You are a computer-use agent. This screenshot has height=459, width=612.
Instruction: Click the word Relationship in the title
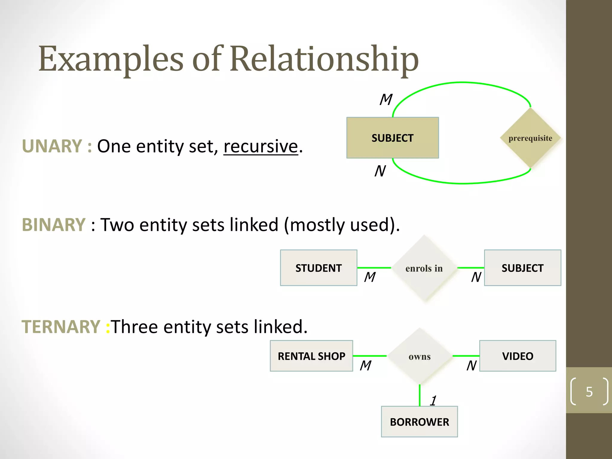pyautogui.click(x=324, y=59)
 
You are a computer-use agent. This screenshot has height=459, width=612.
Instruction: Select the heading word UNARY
pyautogui.click(x=52, y=146)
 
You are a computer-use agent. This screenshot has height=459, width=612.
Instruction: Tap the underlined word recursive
pyautogui.click(x=261, y=146)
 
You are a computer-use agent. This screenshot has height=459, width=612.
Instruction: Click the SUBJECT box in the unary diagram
pyautogui.click(x=392, y=138)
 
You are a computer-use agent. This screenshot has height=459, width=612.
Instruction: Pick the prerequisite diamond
pyautogui.click(x=530, y=138)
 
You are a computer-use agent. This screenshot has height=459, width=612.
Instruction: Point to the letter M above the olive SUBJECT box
pyautogui.click(x=386, y=100)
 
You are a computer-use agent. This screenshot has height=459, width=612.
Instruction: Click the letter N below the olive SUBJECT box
pyautogui.click(x=380, y=171)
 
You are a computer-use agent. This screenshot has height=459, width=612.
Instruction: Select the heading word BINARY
pyautogui.click(x=54, y=225)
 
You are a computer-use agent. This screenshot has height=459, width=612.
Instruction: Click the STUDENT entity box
pyautogui.click(x=319, y=268)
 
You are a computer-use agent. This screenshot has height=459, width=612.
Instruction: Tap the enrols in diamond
pyautogui.click(x=424, y=268)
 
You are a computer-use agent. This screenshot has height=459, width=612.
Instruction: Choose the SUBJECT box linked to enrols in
pyautogui.click(x=522, y=268)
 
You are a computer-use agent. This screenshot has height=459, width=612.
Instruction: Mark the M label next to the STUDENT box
pyautogui.click(x=370, y=277)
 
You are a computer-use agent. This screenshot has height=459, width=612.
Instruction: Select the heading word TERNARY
pyautogui.click(x=61, y=327)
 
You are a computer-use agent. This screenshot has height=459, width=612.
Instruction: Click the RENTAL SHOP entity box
pyautogui.click(x=311, y=356)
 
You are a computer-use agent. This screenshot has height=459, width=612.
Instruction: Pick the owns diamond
pyautogui.click(x=420, y=357)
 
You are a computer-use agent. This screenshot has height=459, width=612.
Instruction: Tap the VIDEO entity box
pyautogui.click(x=518, y=356)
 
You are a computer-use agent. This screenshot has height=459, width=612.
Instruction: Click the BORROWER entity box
pyautogui.click(x=419, y=422)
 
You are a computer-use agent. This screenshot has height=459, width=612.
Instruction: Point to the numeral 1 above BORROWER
pyautogui.click(x=433, y=400)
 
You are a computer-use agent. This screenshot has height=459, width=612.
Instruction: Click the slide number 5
pyautogui.click(x=589, y=391)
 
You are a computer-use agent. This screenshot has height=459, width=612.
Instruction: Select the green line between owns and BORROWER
pyautogui.click(x=420, y=395)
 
